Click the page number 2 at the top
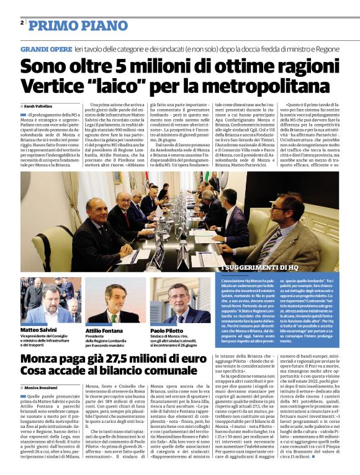pyautogui.click(x=22, y=23)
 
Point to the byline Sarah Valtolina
pyautogui.click(x=38, y=107)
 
